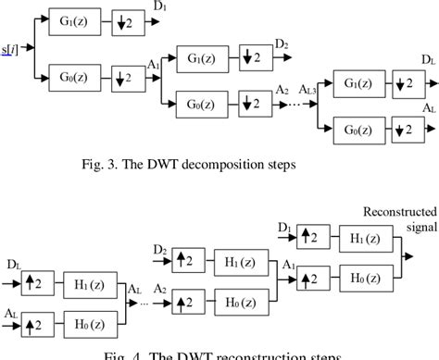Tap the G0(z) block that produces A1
tap(60, 78)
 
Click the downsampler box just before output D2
tap(254, 56)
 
